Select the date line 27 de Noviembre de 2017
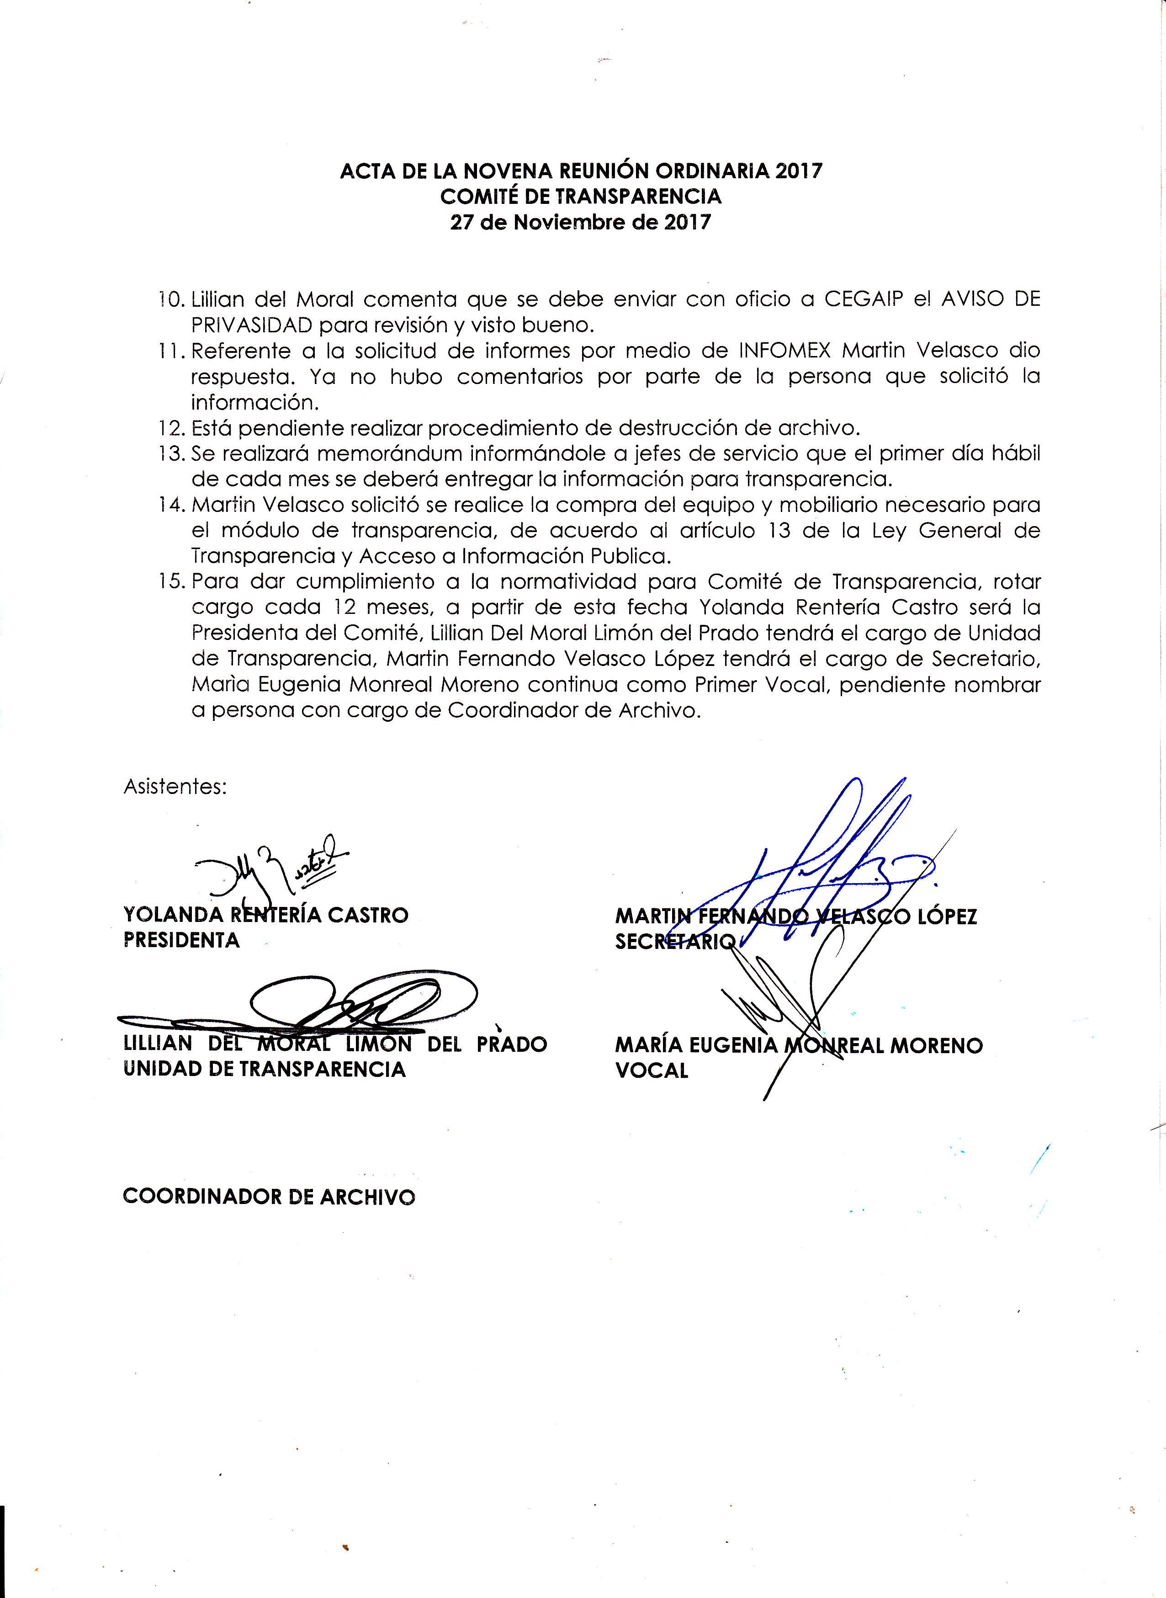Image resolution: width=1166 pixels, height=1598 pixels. pyautogui.click(x=581, y=223)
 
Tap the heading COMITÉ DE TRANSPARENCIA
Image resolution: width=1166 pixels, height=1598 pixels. pyautogui.click(x=581, y=196)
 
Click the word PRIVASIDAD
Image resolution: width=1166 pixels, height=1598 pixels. pyautogui.click(x=251, y=325)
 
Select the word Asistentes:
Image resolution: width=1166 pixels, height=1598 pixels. pyautogui.click(x=175, y=787)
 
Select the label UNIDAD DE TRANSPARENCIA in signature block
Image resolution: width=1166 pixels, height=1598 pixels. pyautogui.click(x=265, y=1069)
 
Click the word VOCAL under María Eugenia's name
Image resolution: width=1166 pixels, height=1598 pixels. pyautogui.click(x=652, y=1071)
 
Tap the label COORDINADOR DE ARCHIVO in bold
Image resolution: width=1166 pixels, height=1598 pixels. pyautogui.click(x=269, y=1197)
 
